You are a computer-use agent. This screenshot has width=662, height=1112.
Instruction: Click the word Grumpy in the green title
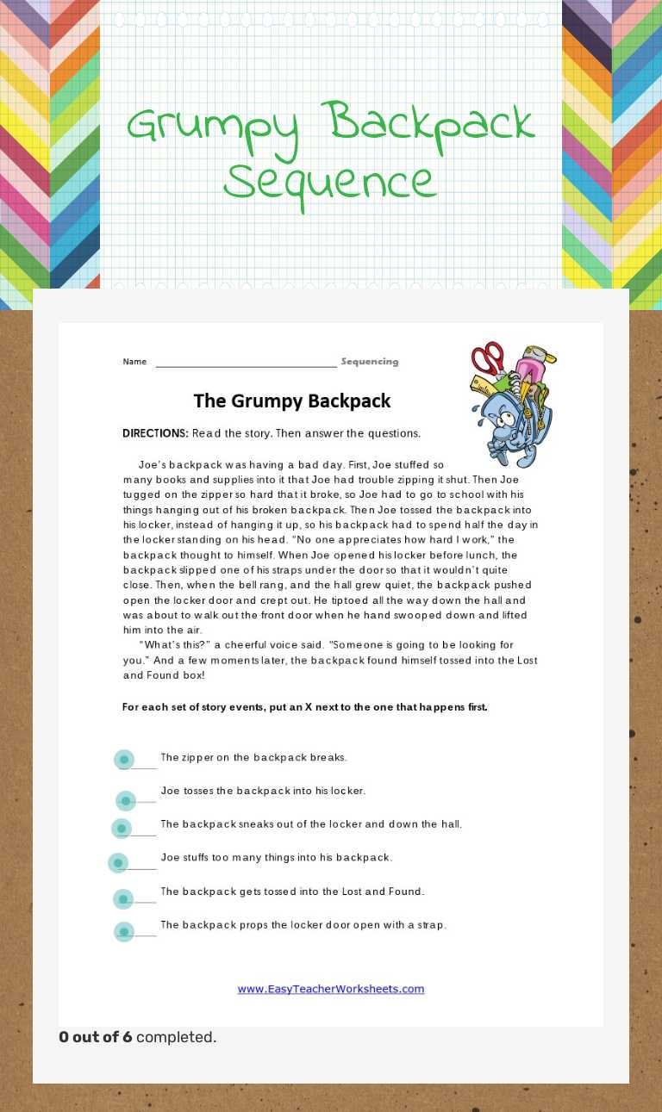click(x=215, y=126)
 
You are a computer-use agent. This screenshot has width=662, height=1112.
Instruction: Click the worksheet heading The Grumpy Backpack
click(x=292, y=401)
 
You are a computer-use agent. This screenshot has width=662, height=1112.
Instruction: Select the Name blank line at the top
click(x=246, y=363)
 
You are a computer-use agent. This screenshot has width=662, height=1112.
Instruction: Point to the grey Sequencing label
click(x=370, y=362)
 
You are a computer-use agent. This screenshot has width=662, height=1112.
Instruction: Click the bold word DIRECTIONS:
click(x=155, y=433)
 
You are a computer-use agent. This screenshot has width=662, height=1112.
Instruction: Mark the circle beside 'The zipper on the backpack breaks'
click(x=124, y=759)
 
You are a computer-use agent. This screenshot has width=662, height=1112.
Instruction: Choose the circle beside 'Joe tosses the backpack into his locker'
click(x=126, y=801)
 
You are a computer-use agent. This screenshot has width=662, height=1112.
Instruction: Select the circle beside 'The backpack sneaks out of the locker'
click(x=122, y=829)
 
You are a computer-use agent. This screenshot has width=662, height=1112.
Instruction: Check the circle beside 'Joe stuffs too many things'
click(x=118, y=863)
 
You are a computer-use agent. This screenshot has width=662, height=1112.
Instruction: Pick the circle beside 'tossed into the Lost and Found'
click(x=123, y=899)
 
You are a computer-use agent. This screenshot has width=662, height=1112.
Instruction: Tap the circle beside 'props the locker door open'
click(x=124, y=931)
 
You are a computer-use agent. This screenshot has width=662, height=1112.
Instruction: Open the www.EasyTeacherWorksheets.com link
click(x=331, y=989)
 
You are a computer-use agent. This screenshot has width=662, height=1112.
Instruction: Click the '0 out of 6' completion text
click(x=96, y=1037)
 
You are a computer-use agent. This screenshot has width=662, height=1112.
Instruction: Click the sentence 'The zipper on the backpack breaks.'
click(x=253, y=757)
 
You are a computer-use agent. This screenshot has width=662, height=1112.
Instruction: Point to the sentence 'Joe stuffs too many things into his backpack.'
click(x=276, y=857)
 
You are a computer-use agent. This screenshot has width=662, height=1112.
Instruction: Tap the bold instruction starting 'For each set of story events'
click(x=304, y=707)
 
